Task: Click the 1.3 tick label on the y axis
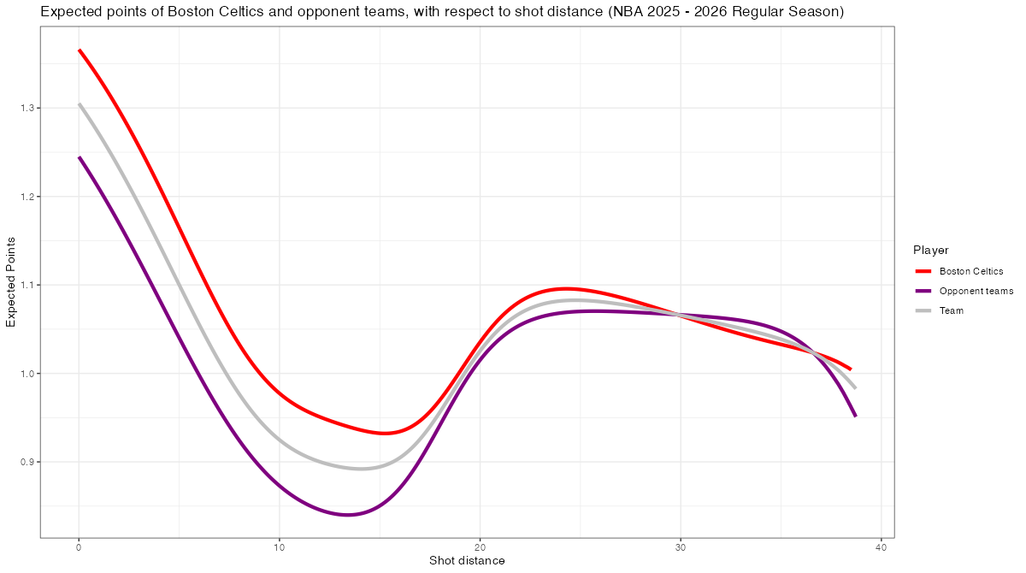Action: (x=26, y=109)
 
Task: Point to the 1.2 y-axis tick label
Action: (x=26, y=197)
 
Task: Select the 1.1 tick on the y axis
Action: (x=26, y=285)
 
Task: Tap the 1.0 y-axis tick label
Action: (x=26, y=374)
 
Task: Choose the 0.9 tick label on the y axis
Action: (x=26, y=462)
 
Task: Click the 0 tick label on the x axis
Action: (x=79, y=547)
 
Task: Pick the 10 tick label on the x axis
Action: (x=279, y=547)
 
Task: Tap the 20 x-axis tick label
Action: (x=480, y=547)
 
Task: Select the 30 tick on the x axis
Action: (x=681, y=547)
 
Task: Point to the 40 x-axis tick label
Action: (x=881, y=547)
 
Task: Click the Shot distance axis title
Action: (x=467, y=561)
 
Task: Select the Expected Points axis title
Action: (x=12, y=281)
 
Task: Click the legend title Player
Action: (x=930, y=251)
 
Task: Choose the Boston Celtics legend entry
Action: (x=970, y=271)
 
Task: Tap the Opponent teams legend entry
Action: (x=976, y=291)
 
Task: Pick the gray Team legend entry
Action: (x=951, y=310)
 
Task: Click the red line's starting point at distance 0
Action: (x=80, y=50)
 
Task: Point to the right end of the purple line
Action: (x=855, y=416)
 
